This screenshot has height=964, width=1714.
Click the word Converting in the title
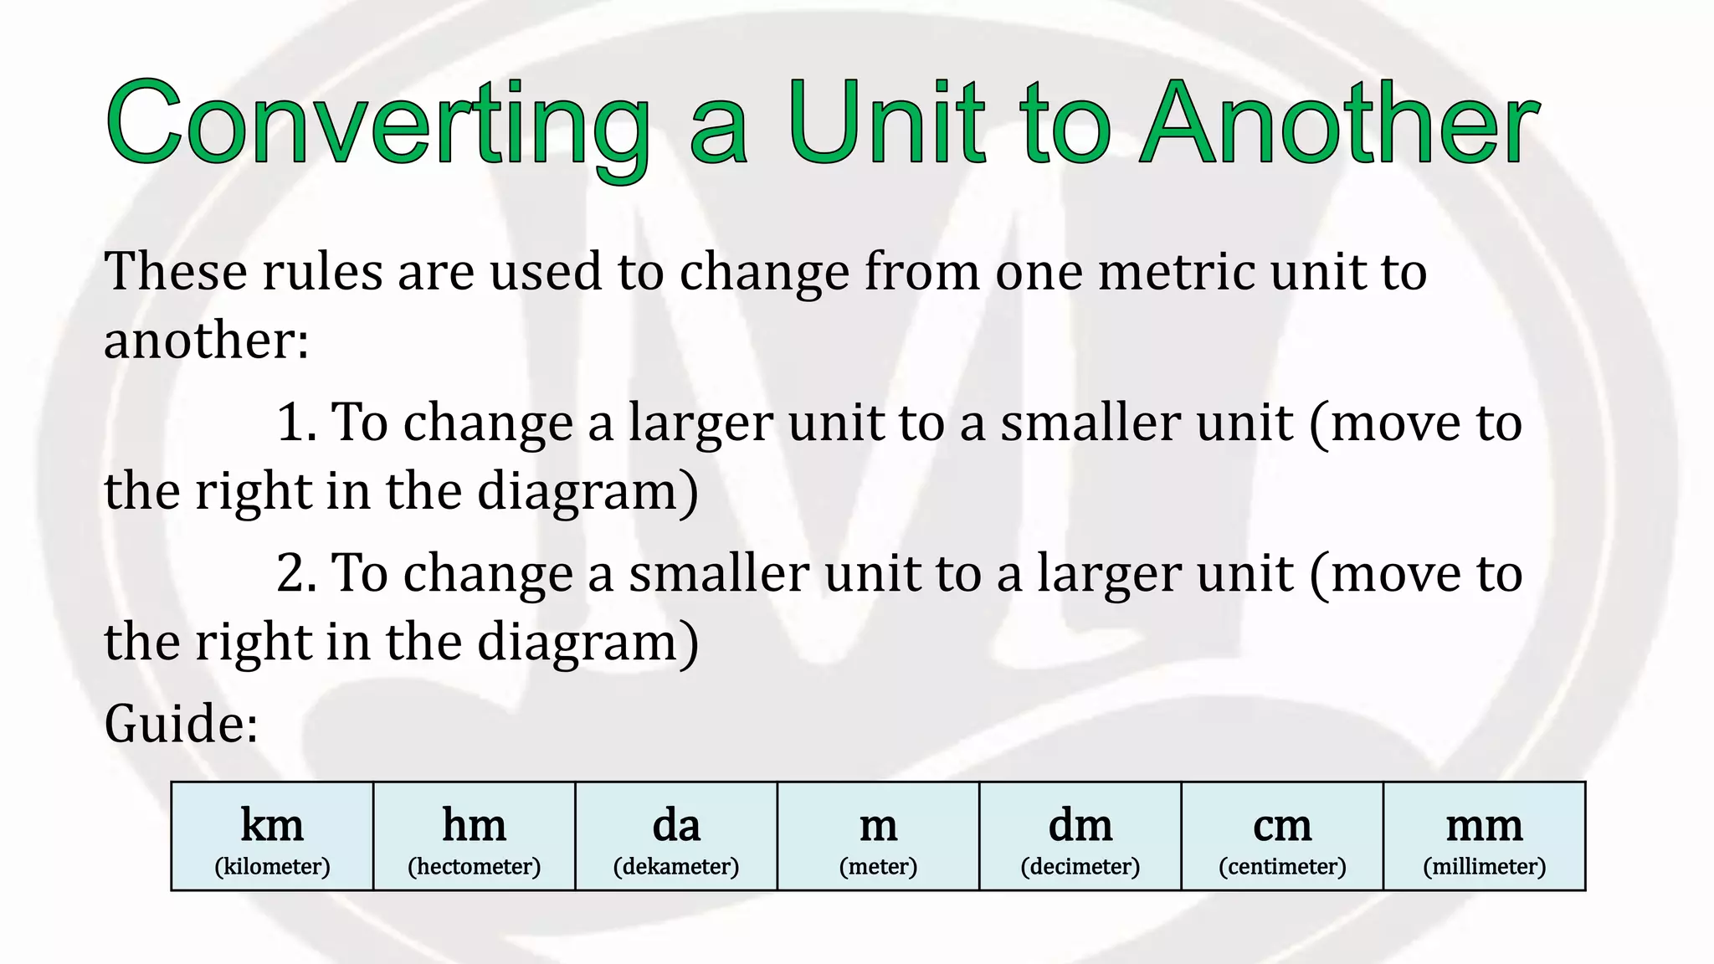tap(377, 124)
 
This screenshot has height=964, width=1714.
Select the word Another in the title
tap(1339, 124)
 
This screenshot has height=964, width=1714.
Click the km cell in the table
tap(272, 836)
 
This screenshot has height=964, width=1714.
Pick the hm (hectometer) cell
tap(475, 836)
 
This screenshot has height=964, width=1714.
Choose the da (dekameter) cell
tap(676, 836)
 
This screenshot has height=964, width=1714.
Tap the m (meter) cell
tap(878, 836)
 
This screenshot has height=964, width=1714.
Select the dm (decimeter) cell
tap(1080, 836)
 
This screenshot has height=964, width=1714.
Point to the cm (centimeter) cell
tap(1282, 836)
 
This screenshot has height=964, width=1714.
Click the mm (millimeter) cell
tap(1485, 836)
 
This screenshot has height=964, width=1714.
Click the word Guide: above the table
tap(181, 724)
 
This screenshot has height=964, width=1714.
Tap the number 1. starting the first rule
tap(296, 423)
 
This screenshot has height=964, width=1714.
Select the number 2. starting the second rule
tap(296, 574)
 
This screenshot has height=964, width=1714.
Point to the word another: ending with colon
tap(206, 341)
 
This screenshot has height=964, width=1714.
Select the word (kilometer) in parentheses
tap(272, 866)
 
